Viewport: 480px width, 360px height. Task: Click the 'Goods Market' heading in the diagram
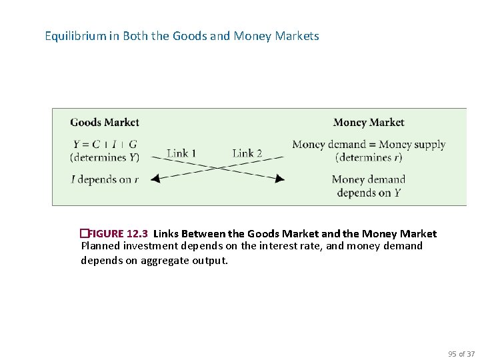[x=105, y=122]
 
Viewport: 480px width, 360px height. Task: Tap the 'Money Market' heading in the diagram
[x=368, y=122]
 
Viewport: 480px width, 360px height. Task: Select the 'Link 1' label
[x=181, y=153]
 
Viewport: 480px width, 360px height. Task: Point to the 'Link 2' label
[x=247, y=153]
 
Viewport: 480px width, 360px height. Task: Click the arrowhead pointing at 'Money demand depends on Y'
[x=280, y=179]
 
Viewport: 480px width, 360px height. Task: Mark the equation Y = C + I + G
[x=105, y=144]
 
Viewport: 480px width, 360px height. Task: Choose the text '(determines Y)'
[x=105, y=158]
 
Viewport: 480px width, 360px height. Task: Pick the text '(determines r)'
[x=369, y=158]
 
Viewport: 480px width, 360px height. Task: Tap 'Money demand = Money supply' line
[x=369, y=144]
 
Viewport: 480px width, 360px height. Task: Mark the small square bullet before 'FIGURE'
[x=83, y=234]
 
